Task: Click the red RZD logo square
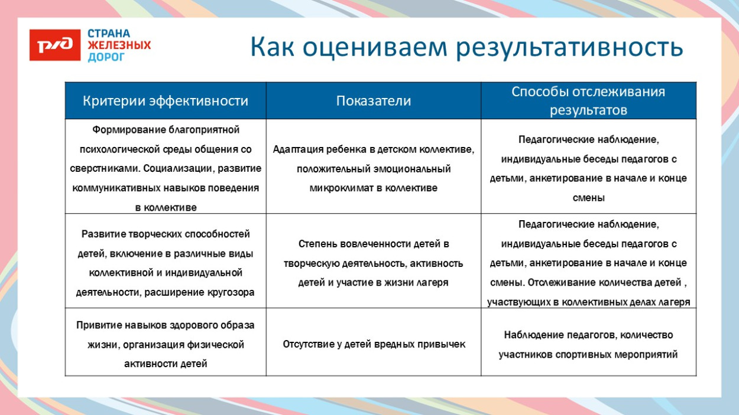54,45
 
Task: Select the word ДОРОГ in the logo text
106,57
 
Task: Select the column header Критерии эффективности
165,101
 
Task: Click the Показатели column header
373,101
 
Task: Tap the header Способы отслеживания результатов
588,101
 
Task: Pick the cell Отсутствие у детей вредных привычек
374,344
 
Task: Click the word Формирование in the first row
129,130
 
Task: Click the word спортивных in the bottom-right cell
581,355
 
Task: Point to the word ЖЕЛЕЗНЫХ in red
119,45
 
